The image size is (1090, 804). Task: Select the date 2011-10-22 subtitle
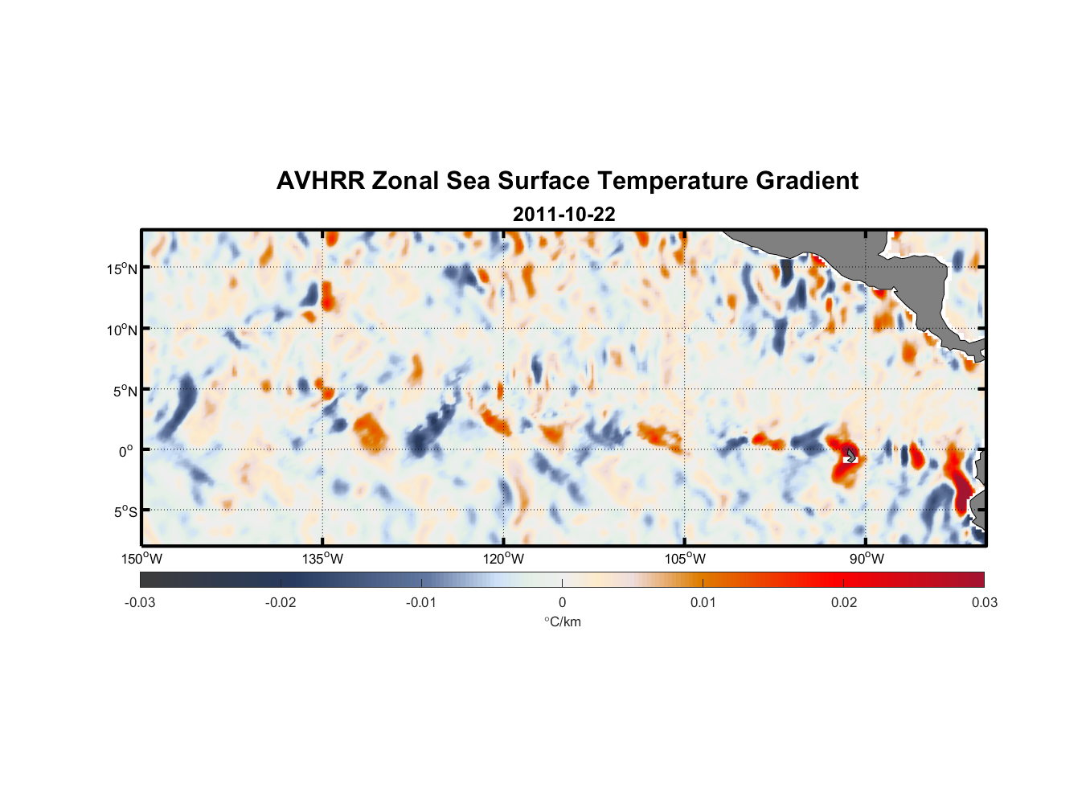click(563, 215)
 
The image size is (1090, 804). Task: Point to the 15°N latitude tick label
click(122, 269)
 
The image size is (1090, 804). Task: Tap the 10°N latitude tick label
click(122, 330)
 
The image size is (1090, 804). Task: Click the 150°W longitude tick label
click(141, 559)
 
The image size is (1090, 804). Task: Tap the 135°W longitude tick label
click(323, 559)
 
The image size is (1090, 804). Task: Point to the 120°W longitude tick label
click(504, 559)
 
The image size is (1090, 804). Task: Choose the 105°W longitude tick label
click(685, 559)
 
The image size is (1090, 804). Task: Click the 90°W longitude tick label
click(867, 559)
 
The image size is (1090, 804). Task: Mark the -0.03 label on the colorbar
click(140, 603)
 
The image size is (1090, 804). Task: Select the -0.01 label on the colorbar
click(421, 603)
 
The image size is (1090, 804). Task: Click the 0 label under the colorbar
click(562, 603)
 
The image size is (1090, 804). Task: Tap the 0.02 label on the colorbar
click(844, 603)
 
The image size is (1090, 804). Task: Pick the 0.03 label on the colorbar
click(984, 603)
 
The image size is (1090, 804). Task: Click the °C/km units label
click(563, 621)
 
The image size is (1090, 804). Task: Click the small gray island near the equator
click(850, 455)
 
